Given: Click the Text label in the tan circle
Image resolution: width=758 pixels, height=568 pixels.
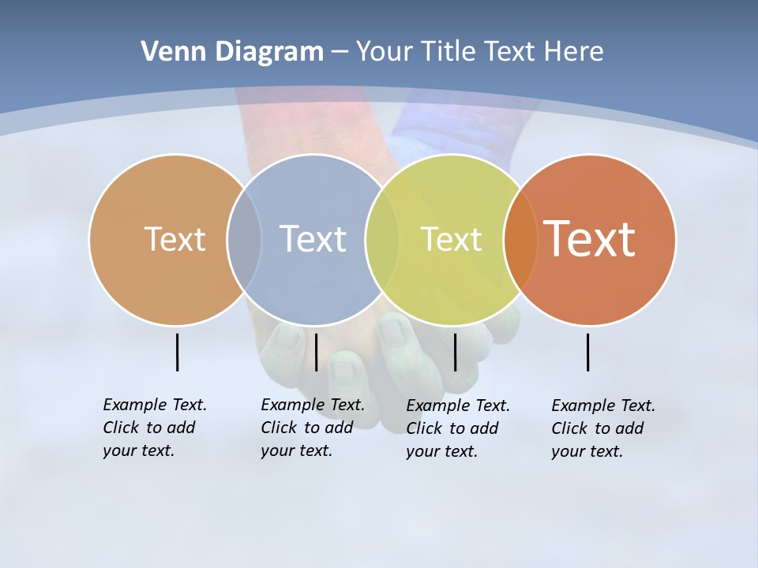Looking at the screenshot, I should coord(174,239).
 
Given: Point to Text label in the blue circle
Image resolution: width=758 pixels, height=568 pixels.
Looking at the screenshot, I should coord(313,239).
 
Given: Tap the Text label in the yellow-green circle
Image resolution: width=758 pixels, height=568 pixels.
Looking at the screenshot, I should coord(451,239).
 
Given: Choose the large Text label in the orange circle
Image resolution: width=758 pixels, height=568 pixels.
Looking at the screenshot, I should coord(589,239).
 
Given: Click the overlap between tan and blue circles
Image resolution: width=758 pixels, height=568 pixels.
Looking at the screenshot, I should coord(244,239).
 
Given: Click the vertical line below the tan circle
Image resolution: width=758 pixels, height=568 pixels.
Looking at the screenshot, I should coord(177,352).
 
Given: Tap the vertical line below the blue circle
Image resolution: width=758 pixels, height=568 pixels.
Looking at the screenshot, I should coord(316,352).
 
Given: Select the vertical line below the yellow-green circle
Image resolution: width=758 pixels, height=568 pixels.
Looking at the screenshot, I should coord(455,352).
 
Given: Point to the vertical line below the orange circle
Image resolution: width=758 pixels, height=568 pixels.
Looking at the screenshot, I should coord(587,352).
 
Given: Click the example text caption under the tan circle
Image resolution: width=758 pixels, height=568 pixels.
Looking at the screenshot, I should coord(154,428).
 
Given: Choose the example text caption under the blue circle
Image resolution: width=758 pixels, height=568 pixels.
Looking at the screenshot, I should coord(312,428).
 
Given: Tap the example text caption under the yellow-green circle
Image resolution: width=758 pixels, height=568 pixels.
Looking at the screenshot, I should coord(457,428).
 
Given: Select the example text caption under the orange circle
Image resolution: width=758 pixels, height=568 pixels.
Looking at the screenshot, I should coord(602,428).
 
